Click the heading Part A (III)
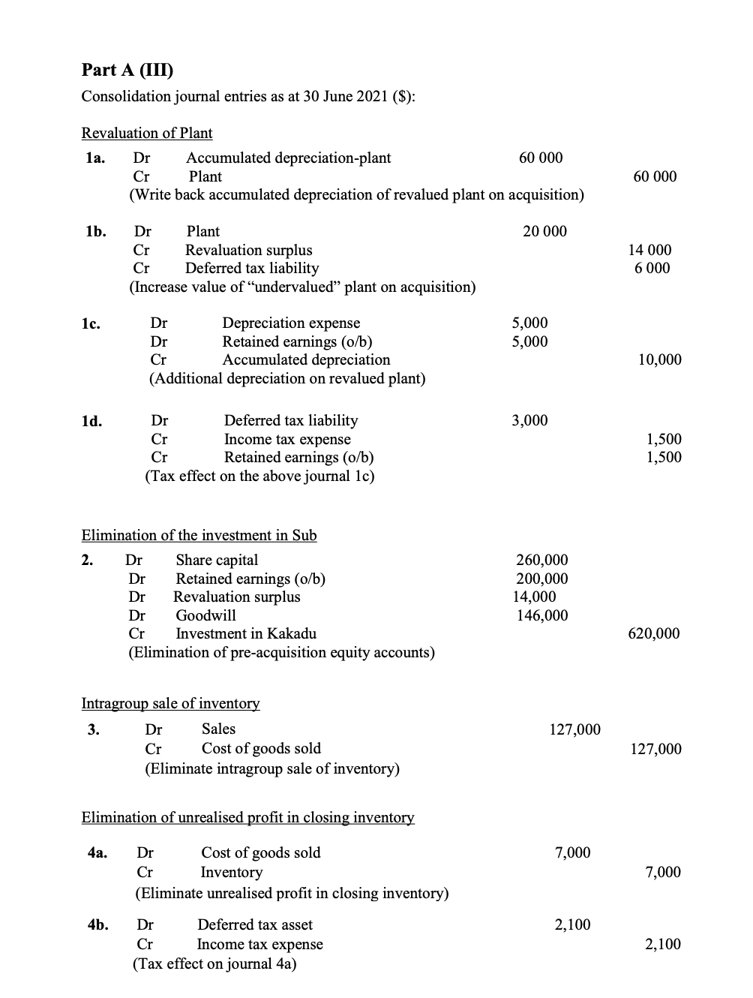tap(127, 70)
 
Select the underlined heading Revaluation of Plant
tap(147, 133)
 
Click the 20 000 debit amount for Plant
tap(544, 231)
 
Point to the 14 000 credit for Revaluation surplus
tap(649, 250)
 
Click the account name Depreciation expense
tap(291, 323)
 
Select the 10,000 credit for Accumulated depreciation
tap(659, 359)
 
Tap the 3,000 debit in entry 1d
tap(529, 420)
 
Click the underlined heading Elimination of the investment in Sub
tap(199, 535)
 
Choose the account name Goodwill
tap(205, 615)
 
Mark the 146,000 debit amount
tap(542, 615)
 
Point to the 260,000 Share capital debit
tap(542, 560)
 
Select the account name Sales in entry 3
tap(218, 729)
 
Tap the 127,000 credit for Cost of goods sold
tap(656, 748)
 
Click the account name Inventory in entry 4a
tap(231, 872)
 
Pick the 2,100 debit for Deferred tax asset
tap(572, 924)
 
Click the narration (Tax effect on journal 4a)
tap(214, 963)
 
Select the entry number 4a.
tap(97, 852)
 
